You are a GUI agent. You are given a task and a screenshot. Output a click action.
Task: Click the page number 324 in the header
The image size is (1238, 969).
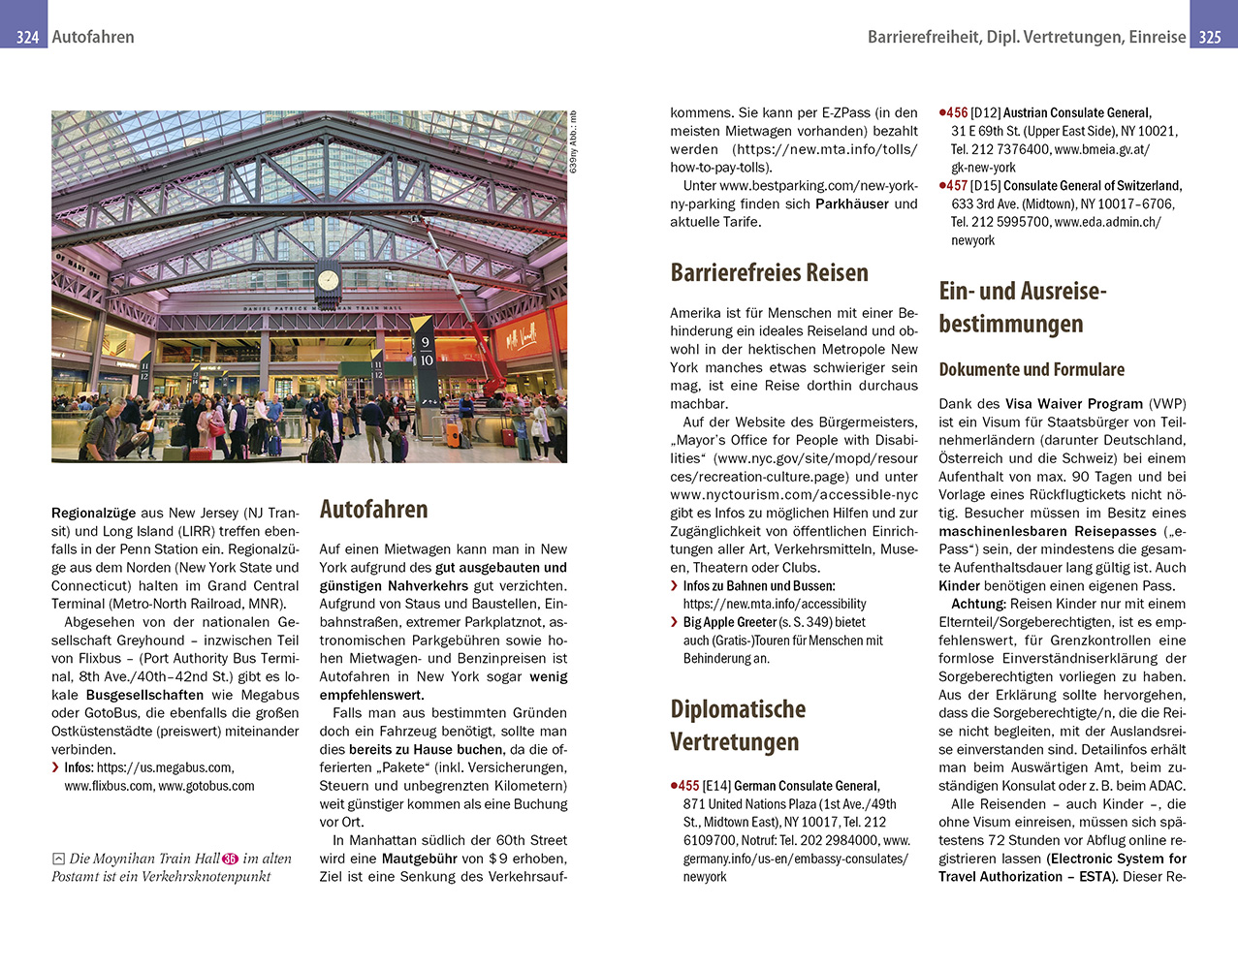(27, 37)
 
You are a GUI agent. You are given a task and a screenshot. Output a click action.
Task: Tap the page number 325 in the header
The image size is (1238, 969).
(1210, 37)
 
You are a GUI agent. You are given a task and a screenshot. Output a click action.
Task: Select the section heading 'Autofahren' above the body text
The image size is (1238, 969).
(373, 510)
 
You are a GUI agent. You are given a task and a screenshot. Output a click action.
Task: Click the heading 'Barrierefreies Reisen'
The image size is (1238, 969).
(769, 272)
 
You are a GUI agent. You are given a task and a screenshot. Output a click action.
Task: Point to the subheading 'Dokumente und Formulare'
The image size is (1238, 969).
(1032, 369)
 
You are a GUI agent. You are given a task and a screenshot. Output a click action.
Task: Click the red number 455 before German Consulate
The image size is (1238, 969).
(687, 786)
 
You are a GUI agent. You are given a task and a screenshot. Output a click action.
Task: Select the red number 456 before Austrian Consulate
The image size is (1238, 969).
(956, 112)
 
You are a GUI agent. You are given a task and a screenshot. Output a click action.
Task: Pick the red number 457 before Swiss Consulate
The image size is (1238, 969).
(956, 185)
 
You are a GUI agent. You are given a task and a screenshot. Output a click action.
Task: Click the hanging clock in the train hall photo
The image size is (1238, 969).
(329, 280)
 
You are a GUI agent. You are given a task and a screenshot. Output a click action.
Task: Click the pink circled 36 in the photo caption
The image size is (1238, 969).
(230, 859)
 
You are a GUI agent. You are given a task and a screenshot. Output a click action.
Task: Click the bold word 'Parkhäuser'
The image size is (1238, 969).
(852, 203)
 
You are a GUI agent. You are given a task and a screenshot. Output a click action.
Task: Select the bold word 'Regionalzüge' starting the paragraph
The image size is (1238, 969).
(94, 513)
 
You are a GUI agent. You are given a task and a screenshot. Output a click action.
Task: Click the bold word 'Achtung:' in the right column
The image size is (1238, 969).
(978, 604)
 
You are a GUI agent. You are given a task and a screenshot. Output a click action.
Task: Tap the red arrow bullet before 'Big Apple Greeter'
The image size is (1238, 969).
(674, 622)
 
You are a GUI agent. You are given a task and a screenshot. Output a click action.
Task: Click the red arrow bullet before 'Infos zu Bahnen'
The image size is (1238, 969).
(674, 585)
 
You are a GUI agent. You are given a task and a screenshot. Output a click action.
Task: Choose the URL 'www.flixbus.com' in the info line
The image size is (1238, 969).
(109, 786)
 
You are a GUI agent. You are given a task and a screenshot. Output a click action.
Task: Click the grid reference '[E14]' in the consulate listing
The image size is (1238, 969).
(716, 786)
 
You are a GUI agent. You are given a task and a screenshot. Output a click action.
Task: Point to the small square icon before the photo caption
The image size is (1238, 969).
(58, 859)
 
